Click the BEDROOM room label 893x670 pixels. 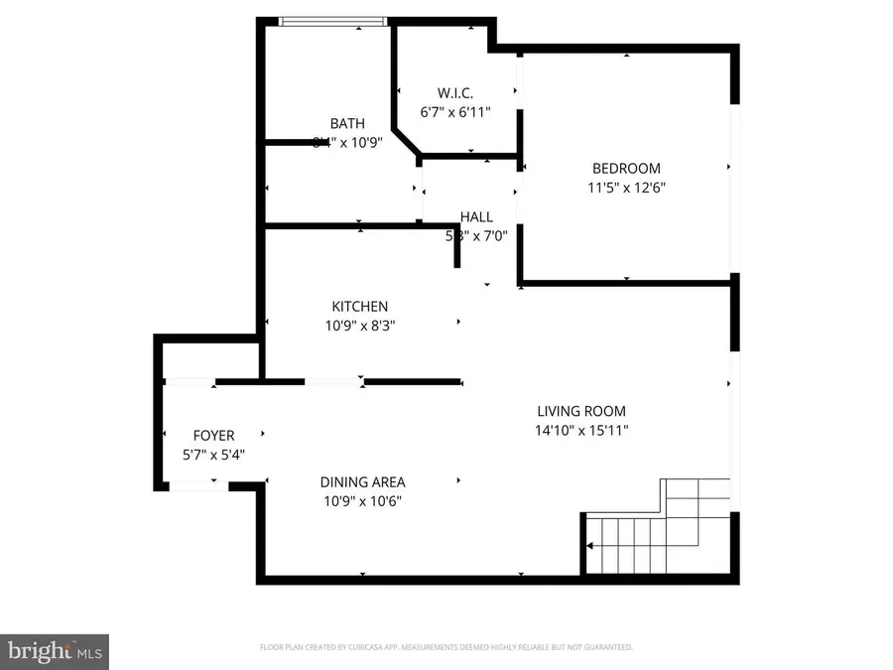626,169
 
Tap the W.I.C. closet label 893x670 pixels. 455,94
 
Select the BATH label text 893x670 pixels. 347,124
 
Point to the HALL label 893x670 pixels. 476,217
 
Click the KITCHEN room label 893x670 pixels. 360,307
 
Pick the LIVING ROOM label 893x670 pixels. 581,411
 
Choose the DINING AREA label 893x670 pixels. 362,482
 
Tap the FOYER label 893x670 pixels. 213,436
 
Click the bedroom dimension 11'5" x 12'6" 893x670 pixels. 626,188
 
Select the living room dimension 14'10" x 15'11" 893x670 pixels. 582,430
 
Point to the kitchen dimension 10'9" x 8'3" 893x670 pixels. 360,326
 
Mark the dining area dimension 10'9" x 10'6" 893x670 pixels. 362,501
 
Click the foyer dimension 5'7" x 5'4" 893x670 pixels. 213,455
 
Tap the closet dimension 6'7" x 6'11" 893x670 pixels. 455,113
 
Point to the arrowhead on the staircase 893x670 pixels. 590,546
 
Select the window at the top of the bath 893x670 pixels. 331,22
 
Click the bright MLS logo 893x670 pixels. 55,651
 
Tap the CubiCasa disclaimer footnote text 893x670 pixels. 446,647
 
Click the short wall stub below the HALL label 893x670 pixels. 457,252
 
